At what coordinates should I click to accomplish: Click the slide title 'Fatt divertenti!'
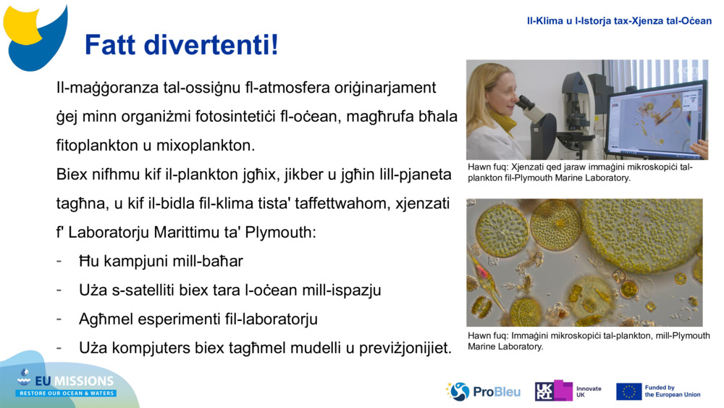(182, 45)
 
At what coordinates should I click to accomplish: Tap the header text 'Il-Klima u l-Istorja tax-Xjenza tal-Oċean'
(619, 21)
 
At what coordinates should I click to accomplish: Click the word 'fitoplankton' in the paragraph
(98, 145)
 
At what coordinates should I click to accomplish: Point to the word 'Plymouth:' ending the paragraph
(280, 232)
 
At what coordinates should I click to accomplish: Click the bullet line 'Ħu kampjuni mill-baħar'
(161, 261)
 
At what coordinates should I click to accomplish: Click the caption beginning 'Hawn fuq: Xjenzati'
(580, 172)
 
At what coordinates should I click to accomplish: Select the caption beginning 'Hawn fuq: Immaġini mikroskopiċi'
(589, 341)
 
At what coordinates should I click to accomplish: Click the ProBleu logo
(483, 391)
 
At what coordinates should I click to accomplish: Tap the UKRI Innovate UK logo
(568, 391)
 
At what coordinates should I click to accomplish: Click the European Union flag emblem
(629, 391)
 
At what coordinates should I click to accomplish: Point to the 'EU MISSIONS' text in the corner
(75, 380)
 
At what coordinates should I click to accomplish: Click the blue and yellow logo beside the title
(35, 38)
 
